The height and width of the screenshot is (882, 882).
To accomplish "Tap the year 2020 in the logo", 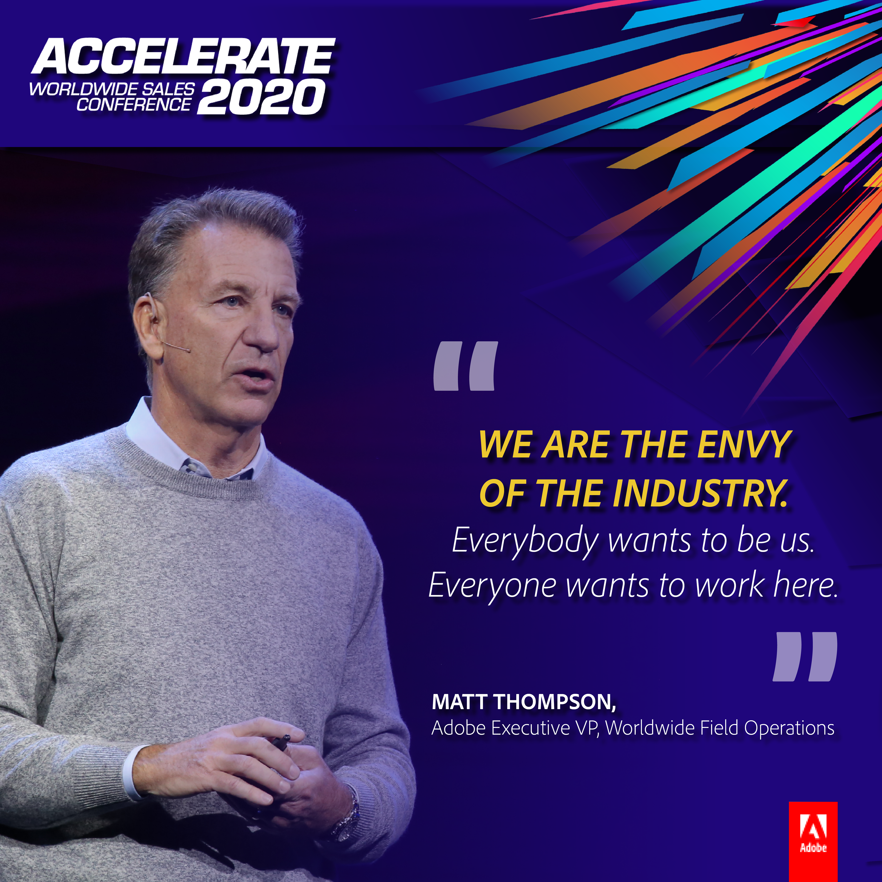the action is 261,97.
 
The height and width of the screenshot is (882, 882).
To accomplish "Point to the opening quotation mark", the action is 465,366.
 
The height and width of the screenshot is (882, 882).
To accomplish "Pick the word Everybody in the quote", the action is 525,541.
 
